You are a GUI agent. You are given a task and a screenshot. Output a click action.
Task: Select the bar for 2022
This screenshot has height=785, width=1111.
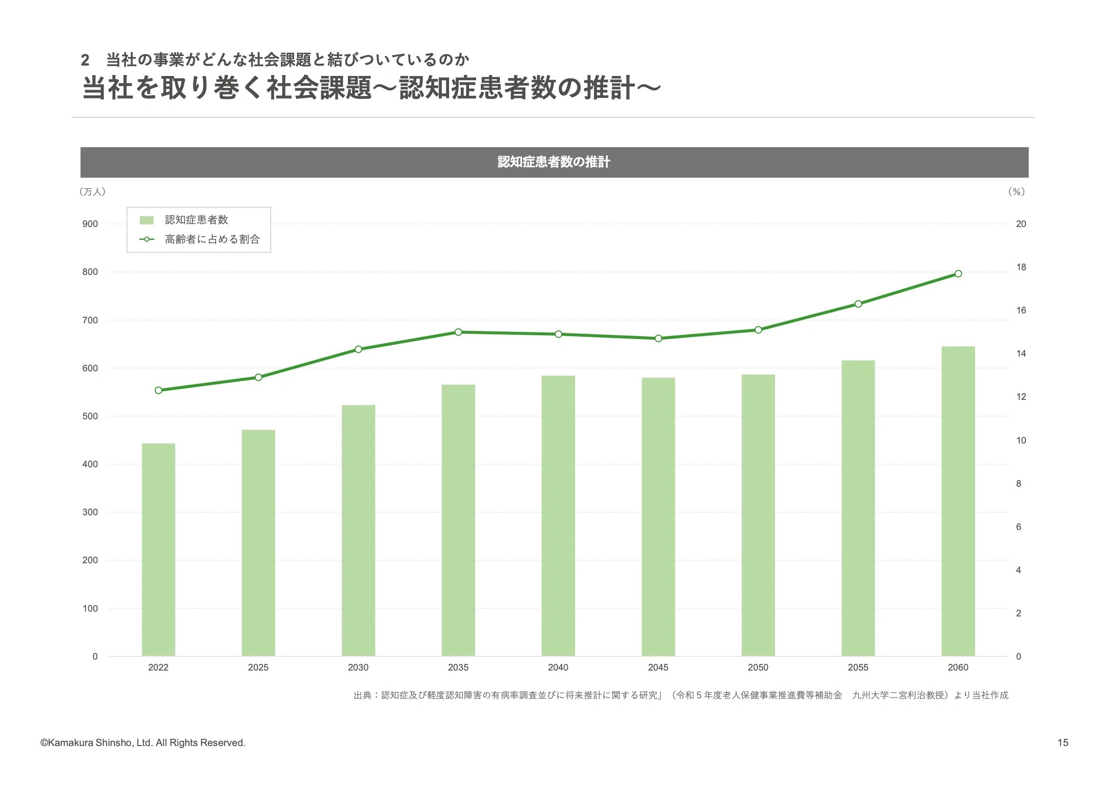[158, 549]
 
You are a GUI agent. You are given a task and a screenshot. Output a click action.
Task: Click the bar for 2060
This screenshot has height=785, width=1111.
[958, 501]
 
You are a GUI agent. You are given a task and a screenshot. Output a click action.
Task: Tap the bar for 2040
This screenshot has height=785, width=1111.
[558, 516]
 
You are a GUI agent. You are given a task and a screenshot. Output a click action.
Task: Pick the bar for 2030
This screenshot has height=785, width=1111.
[358, 530]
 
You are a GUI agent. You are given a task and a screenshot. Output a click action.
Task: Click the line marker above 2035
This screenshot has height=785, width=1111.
[458, 332]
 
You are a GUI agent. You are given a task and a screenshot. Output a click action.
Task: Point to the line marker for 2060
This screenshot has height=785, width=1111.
[958, 274]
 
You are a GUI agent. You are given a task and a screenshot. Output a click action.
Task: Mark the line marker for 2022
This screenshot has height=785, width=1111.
[158, 390]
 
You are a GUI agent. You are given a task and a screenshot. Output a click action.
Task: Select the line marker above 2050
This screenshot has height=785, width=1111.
[758, 330]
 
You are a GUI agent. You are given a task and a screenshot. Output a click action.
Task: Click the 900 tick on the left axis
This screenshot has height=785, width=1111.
[90, 224]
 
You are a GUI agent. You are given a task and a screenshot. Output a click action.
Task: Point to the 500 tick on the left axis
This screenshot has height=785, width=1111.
[90, 416]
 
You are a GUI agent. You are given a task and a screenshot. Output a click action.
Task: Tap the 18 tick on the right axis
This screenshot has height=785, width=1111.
[1021, 267]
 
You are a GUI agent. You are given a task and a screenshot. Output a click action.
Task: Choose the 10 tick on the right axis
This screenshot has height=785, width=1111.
[1021, 440]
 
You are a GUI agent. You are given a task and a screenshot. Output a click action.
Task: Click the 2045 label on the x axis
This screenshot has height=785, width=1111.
[658, 668]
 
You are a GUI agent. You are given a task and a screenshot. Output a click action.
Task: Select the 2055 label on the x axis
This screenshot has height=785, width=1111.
[858, 668]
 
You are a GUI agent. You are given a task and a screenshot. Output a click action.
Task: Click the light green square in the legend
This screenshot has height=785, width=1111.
[147, 220]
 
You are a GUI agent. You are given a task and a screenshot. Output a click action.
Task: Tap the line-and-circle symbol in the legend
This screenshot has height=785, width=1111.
[147, 239]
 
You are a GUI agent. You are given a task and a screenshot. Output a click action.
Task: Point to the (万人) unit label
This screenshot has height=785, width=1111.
[92, 191]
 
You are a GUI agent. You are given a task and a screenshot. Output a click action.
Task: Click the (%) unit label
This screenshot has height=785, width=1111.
[1016, 191]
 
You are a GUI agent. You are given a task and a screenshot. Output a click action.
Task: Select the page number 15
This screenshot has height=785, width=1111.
[1063, 742]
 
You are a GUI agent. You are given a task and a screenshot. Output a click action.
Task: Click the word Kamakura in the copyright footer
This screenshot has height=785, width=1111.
[70, 742]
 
